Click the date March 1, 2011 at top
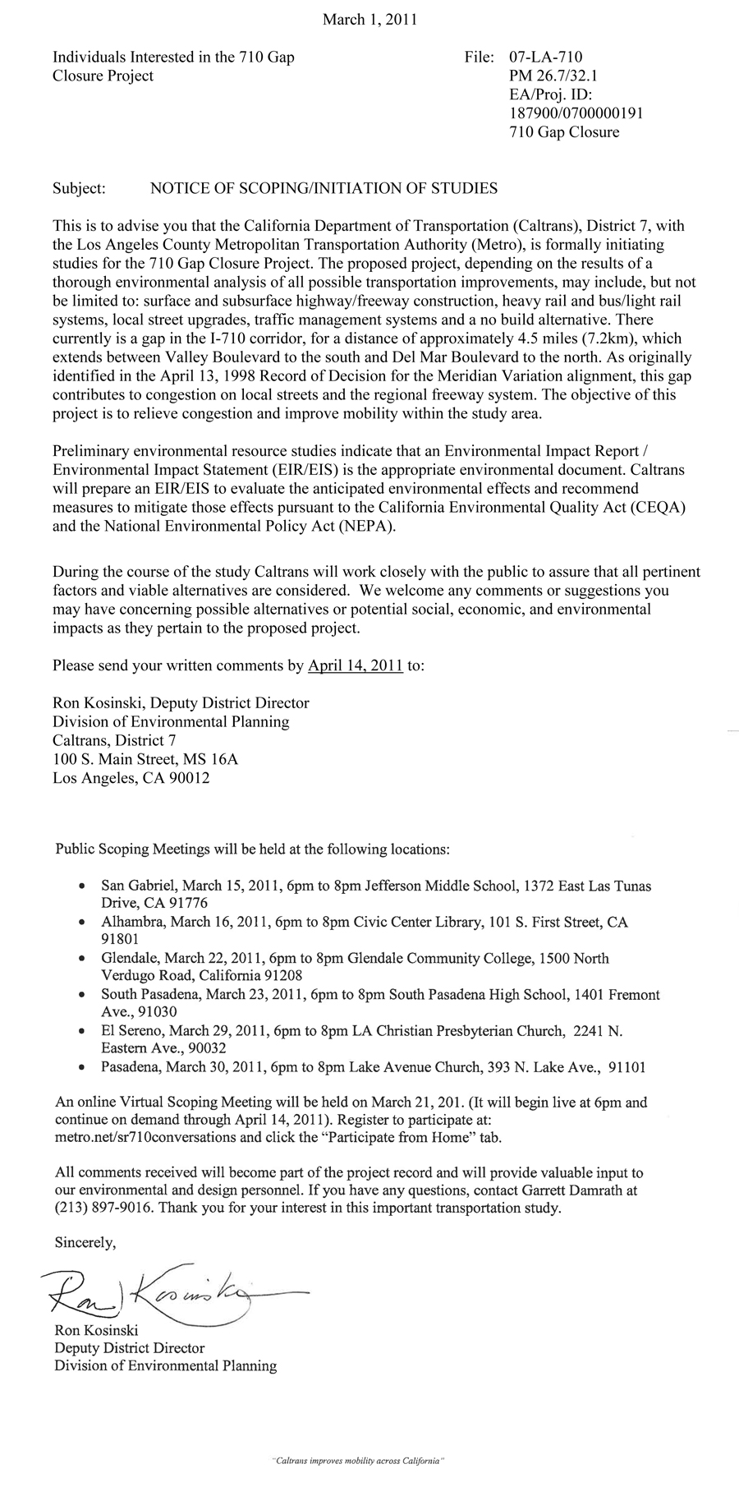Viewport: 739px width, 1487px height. pyautogui.click(x=369, y=20)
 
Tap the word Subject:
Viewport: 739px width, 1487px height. pyautogui.click(x=79, y=188)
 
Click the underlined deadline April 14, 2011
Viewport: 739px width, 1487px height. pyautogui.click(x=355, y=666)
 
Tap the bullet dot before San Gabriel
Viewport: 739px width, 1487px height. pyautogui.click(x=80, y=887)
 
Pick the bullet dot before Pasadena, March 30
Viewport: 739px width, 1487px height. pyautogui.click(x=80, y=1068)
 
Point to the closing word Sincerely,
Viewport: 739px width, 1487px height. pyautogui.click(x=85, y=1243)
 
